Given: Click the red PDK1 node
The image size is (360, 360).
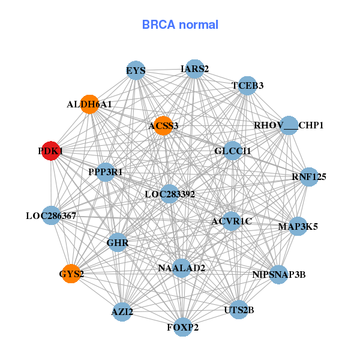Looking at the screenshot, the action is coord(51,151).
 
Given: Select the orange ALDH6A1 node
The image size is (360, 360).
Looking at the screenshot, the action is coord(89,104).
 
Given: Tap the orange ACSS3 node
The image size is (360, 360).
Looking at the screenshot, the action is coord(163,126).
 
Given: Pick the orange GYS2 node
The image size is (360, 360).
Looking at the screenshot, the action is coord(71,274).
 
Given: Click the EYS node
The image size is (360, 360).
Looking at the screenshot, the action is coord(136,70).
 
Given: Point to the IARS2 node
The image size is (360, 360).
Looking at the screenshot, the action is coord(194,68).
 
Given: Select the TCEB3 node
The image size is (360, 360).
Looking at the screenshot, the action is coord(248,86).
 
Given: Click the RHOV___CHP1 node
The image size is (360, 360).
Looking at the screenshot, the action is coord(289,125).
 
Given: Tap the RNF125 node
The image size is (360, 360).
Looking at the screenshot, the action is coord(309,176).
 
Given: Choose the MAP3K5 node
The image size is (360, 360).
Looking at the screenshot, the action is coord(298,226).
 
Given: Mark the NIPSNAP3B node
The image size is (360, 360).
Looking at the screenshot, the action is coord(278,275).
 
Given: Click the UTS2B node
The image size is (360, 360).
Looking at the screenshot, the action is coord(239,310).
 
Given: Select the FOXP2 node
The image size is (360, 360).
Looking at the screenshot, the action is coord(183,327).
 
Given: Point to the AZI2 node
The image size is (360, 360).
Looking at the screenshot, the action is coord(122,312).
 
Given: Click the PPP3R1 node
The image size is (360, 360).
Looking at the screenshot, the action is coord(106,172).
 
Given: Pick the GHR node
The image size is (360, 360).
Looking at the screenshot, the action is coord(117,243).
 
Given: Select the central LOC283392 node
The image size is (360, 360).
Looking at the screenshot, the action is coord(170,194).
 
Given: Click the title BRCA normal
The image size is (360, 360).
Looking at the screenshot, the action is coord(180,25).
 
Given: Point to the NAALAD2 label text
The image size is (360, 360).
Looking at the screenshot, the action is coord(182,268).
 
